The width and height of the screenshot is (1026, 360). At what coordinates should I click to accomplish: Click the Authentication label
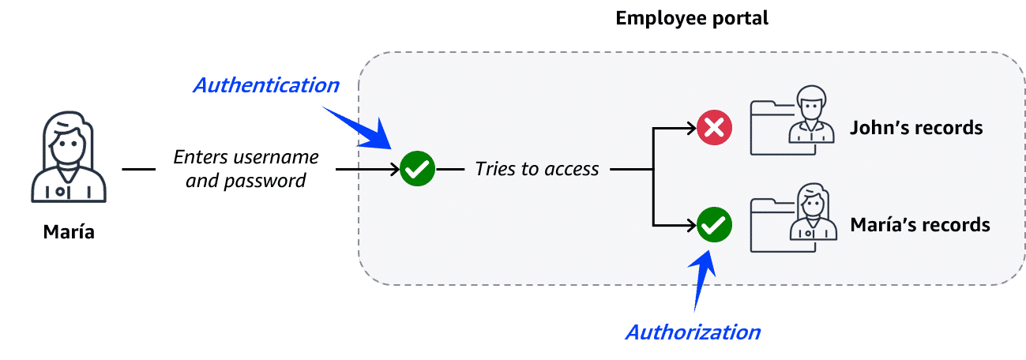click(x=266, y=85)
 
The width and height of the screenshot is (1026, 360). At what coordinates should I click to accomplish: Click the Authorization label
click(x=692, y=332)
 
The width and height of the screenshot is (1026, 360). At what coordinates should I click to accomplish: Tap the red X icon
click(x=714, y=128)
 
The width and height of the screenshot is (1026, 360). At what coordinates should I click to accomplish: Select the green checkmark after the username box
click(x=418, y=169)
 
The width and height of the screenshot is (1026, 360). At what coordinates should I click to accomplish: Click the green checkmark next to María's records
click(x=715, y=226)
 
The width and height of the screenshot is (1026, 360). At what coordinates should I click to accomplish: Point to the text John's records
click(x=916, y=128)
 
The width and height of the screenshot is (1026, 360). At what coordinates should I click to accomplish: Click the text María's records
click(x=919, y=225)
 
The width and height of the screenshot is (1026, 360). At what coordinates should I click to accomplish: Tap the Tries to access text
click(x=537, y=169)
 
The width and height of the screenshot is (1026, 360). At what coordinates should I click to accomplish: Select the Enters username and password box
click(x=246, y=169)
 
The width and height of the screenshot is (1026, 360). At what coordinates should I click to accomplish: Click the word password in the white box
click(x=267, y=181)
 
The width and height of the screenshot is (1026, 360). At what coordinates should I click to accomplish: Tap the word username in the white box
click(x=280, y=156)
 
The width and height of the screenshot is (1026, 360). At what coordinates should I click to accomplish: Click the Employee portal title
click(x=692, y=17)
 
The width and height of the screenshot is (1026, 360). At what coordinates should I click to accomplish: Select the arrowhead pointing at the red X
click(x=688, y=128)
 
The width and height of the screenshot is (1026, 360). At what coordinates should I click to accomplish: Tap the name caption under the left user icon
click(x=69, y=231)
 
